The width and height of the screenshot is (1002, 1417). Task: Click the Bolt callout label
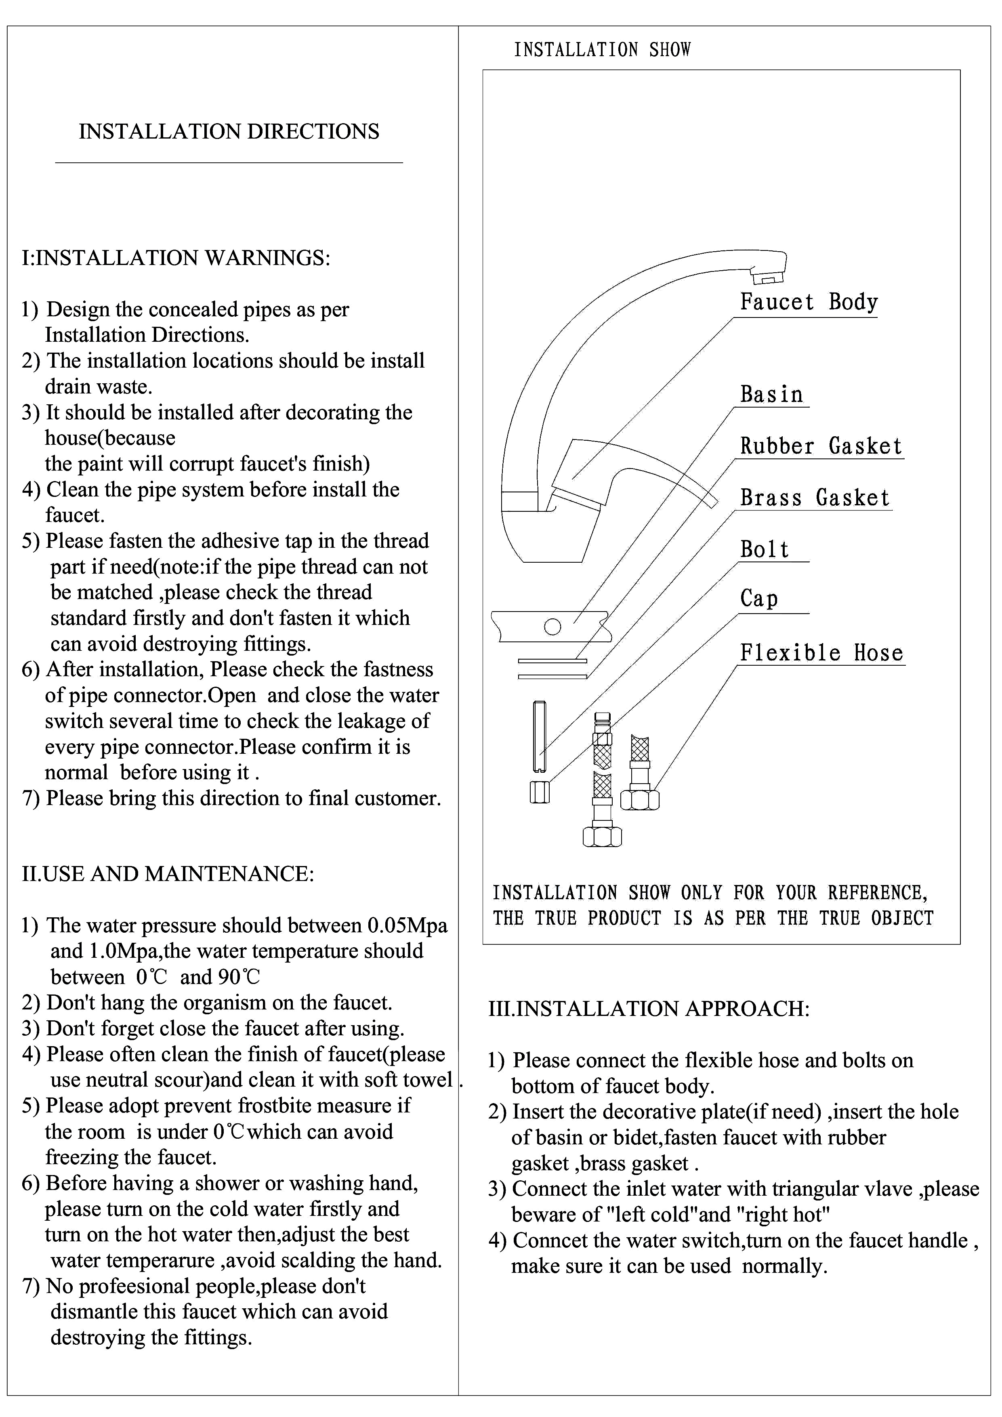(765, 549)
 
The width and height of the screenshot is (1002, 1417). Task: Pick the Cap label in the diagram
(759, 598)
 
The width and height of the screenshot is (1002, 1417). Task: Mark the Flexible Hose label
(821, 652)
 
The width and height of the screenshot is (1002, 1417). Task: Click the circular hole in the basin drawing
(552, 627)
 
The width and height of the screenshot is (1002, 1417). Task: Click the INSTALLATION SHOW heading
(602, 49)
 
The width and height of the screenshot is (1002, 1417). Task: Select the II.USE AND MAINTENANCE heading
(168, 873)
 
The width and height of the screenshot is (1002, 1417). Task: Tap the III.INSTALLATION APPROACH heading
(649, 1009)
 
